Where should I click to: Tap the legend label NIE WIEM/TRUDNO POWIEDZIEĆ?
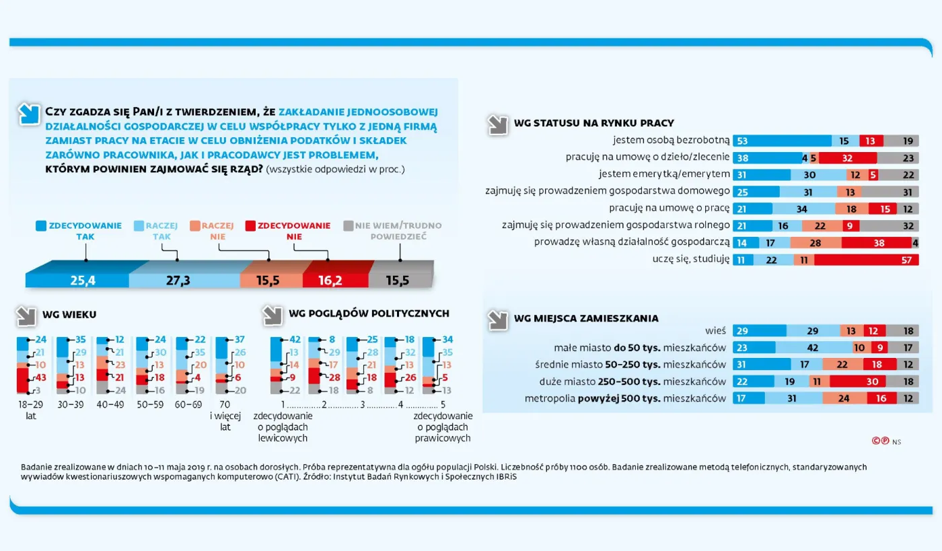(393, 231)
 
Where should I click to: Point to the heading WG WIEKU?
(69, 314)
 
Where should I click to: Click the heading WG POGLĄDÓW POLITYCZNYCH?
(369, 314)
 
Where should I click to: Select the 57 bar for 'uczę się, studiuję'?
(866, 260)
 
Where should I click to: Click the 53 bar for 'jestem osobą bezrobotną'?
(781, 141)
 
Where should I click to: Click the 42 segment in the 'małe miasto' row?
(813, 348)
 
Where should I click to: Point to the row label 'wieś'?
(715, 331)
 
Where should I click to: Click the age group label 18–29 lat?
(31, 410)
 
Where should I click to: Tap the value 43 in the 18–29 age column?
(40, 377)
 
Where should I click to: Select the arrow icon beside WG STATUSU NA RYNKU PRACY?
(499, 124)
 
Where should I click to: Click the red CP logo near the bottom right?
(880, 441)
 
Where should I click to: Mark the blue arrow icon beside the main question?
(30, 114)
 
